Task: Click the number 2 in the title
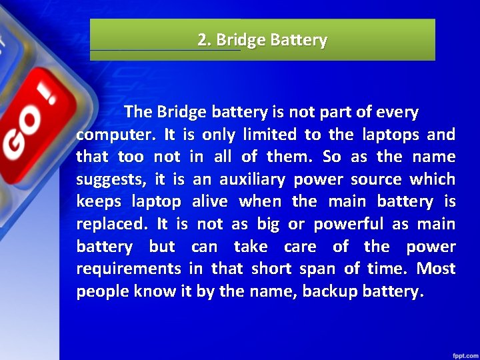[x=202, y=40]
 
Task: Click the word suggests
[x=109, y=180]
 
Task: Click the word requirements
[x=129, y=269]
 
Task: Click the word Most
[x=437, y=269]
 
